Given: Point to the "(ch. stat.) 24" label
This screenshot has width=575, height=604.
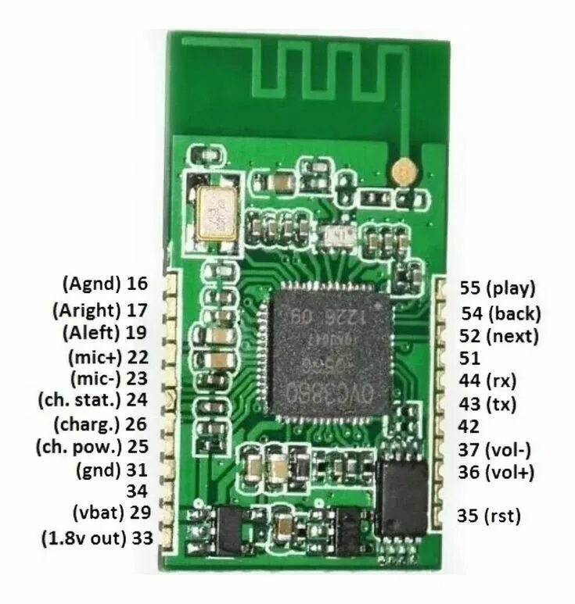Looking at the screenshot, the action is [x=93, y=401].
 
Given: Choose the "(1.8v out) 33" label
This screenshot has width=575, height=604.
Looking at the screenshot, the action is [x=95, y=538].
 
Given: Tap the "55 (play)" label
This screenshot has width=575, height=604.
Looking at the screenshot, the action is [x=498, y=288].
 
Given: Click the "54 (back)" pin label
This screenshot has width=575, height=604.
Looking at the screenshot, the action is [x=501, y=314].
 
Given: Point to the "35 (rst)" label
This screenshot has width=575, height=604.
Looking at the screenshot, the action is [x=489, y=515].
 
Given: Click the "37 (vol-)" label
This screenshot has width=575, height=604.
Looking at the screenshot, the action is [x=495, y=449].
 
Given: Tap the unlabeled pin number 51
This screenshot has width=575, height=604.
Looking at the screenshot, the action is [x=469, y=358].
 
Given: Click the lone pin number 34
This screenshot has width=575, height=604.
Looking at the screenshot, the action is [x=137, y=491].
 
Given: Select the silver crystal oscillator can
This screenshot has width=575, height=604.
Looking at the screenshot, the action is [x=214, y=213].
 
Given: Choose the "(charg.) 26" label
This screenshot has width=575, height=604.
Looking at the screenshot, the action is [x=101, y=425].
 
